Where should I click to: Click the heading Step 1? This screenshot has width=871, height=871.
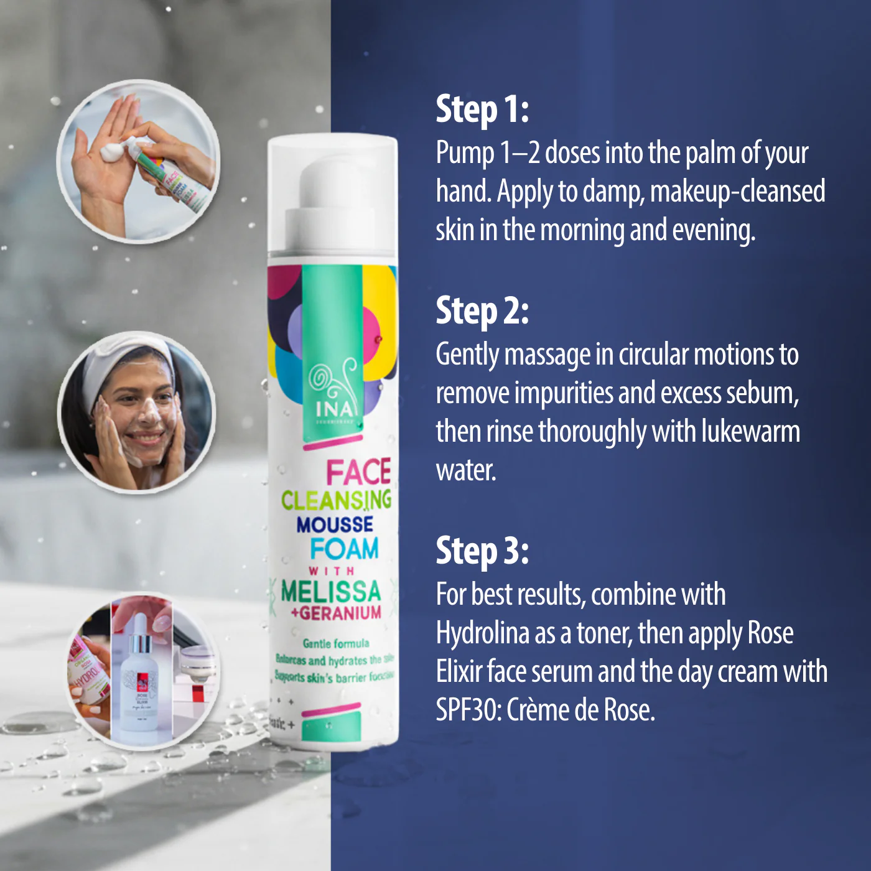tap(482, 109)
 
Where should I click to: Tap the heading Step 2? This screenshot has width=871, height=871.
tap(482, 311)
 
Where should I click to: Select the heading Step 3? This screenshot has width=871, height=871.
tap(482, 551)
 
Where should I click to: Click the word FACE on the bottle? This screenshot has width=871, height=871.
tap(358, 472)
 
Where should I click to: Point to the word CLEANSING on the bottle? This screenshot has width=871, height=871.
tap(336, 500)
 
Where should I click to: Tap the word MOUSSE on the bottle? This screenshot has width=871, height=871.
tap(335, 525)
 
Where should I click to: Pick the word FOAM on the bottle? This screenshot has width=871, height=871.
tap(344, 549)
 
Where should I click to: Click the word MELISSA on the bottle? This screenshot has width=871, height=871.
tap(330, 591)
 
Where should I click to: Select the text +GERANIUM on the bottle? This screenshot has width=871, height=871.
tap(336, 613)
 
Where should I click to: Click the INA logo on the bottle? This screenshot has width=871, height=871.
tap(334, 409)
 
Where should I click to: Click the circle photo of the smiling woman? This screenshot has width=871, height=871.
tap(137, 412)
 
